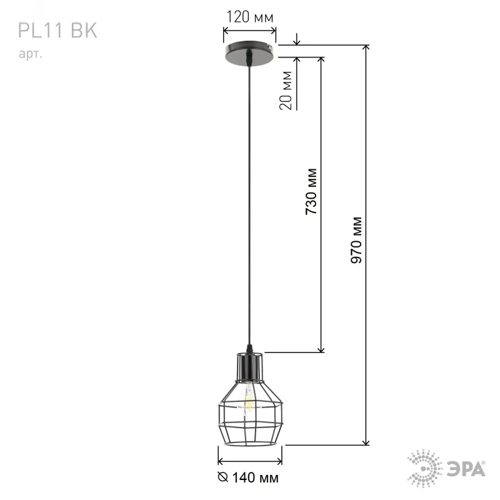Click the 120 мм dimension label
249,17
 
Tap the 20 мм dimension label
286,91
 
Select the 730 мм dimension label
311,191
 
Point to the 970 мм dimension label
356,240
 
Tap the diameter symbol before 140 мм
223,477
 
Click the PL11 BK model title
57,31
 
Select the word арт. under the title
30,54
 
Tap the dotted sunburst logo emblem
424,468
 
